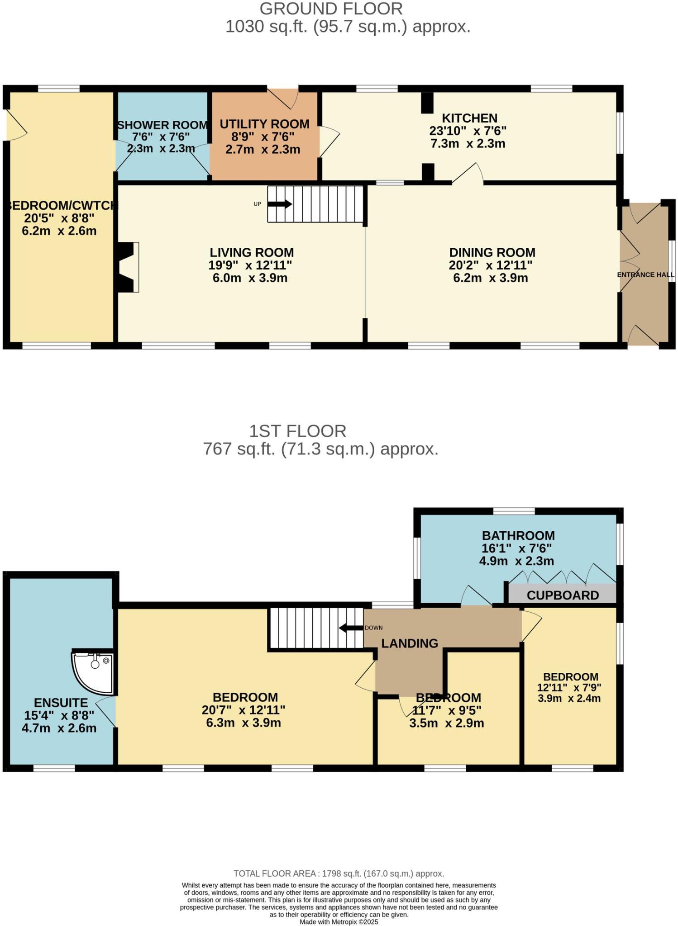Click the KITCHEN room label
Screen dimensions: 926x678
click(469, 118)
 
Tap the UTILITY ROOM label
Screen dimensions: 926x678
click(264, 124)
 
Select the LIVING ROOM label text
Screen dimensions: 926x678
click(252, 252)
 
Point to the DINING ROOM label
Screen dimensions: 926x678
click(492, 252)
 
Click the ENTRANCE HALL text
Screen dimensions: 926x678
click(646, 275)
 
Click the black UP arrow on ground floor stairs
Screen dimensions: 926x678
click(280, 204)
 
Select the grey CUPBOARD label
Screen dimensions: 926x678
click(563, 595)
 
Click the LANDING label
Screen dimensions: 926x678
click(410, 643)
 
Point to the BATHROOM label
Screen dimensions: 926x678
click(518, 536)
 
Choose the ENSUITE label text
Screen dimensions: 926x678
click(61, 703)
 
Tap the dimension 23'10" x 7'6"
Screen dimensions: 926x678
click(468, 131)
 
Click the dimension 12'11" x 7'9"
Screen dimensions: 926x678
click(569, 688)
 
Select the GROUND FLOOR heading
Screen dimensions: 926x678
click(331, 9)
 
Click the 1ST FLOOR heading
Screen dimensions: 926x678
click(297, 431)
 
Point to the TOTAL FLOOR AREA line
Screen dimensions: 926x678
click(339, 874)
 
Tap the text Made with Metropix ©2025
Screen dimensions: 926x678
click(339, 921)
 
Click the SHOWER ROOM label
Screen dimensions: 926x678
click(162, 125)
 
